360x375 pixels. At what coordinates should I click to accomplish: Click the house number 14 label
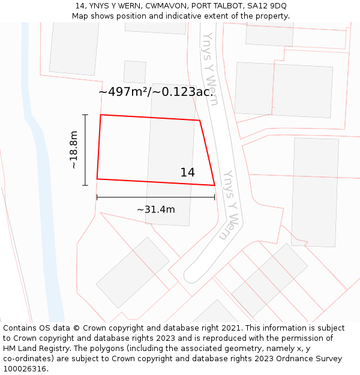click(187, 172)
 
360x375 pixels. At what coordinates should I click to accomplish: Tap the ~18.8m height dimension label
click(74, 150)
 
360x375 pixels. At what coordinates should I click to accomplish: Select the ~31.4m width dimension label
click(156, 209)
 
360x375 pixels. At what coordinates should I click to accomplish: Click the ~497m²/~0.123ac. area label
click(156, 92)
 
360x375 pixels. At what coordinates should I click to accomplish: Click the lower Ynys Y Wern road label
click(230, 204)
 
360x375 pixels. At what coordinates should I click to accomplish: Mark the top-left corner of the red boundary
click(100, 115)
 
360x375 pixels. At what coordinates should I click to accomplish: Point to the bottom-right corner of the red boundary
click(215, 185)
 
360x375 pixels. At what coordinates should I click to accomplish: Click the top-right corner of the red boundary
click(199, 121)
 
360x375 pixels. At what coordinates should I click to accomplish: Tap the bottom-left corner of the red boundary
click(97, 179)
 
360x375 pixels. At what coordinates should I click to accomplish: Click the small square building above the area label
click(135, 72)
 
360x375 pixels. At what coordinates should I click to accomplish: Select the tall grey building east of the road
click(314, 192)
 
